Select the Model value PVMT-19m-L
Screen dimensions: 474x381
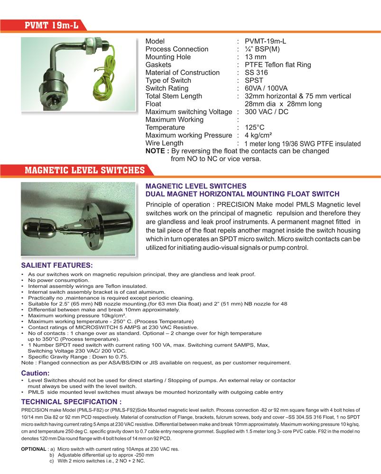tap(265, 41)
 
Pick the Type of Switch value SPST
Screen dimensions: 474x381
tap(254, 81)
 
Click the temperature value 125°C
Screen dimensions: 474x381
tap(254, 128)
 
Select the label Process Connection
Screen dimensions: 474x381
tap(177, 49)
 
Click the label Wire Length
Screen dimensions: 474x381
tap(164, 143)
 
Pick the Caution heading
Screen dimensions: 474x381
tap(35, 373)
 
